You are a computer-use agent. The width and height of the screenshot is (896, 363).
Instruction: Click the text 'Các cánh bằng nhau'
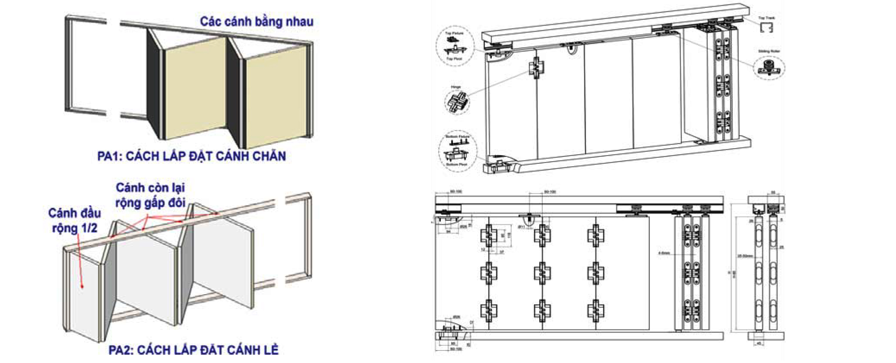(x=256, y=22)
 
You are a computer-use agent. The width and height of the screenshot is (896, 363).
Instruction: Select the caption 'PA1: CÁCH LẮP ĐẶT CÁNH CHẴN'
(x=191, y=156)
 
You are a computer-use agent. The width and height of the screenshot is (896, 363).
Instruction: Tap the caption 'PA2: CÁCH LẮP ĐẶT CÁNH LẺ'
(x=193, y=350)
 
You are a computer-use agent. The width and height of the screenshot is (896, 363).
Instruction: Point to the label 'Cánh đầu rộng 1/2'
(x=74, y=220)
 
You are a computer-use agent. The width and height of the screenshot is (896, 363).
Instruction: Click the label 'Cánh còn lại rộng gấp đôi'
(x=150, y=195)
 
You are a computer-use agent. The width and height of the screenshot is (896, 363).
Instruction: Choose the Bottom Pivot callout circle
(x=457, y=152)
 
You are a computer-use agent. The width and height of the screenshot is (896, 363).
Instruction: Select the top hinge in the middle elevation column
(x=542, y=236)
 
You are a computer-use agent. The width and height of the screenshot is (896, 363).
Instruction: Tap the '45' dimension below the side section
(x=758, y=344)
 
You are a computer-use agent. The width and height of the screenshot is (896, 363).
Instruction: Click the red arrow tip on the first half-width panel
(x=82, y=286)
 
